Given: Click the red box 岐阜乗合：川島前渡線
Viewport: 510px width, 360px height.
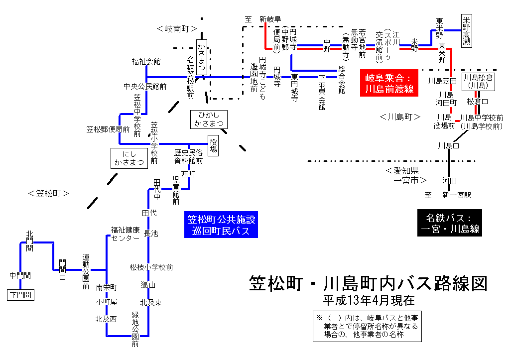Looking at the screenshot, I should pos(389,83).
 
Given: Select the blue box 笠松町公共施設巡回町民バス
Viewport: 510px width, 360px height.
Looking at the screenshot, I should pos(220,226).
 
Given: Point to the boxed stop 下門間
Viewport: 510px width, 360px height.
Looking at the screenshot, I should pos(20,295).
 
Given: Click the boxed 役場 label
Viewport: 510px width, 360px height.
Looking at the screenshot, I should pos(213,145).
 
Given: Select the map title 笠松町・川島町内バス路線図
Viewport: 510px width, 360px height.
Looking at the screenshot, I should pos(368,284).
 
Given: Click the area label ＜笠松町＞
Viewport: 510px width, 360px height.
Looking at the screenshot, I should pos(48,194).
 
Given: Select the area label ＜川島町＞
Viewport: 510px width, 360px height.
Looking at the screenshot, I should pos(400,117).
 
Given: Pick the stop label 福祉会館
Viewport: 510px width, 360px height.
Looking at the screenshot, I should pos(146,62).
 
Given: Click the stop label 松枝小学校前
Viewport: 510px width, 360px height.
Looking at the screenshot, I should pos(151,267).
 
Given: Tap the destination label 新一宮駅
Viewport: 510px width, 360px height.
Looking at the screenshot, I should pos(457,195).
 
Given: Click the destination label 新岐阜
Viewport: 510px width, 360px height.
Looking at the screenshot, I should pos(270,19).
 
